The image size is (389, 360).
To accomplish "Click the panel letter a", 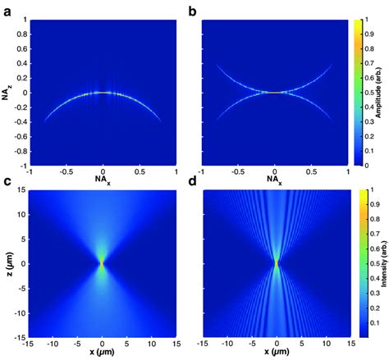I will [6, 9].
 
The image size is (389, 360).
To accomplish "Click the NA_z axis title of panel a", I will [7, 92].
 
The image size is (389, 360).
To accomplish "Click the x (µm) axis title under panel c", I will [102, 354].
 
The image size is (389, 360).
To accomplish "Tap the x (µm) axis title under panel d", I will [277, 354].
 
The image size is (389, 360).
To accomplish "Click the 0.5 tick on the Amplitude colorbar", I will [368, 92].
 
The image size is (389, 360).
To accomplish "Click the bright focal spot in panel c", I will [102, 263].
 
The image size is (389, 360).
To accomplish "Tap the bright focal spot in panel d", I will [277, 263].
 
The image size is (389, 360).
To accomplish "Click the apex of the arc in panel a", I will [102, 92].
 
